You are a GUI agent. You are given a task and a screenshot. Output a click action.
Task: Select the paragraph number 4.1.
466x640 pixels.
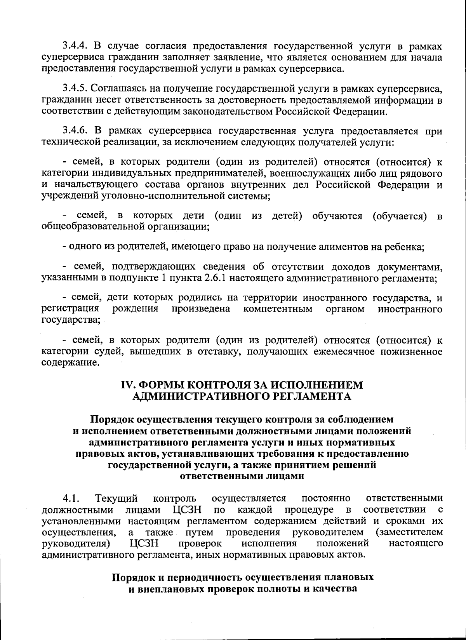pos(71,498)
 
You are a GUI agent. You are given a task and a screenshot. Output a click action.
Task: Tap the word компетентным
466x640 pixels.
pos(278,309)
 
